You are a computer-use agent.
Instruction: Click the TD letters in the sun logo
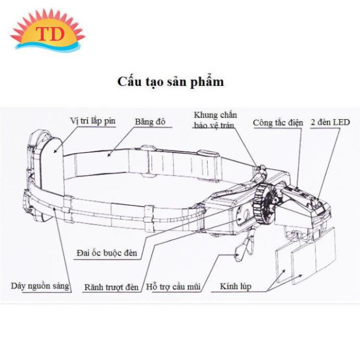50,34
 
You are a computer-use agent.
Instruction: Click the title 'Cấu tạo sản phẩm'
171,82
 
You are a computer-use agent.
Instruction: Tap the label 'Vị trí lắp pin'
93,121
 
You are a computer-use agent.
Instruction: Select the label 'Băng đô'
150,122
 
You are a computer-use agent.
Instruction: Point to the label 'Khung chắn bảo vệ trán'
215,120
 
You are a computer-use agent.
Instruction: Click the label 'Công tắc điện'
278,123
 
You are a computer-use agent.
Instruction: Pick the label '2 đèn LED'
330,122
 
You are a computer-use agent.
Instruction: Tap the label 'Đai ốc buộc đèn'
107,253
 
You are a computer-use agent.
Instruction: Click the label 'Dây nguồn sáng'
40,286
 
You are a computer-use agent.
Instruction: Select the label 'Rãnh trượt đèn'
111,287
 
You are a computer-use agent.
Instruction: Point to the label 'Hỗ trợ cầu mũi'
173,287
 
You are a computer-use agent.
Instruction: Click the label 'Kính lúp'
236,287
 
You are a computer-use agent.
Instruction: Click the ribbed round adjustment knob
264,203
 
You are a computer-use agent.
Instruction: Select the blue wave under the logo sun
48,47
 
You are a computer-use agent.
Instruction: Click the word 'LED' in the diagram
341,122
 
